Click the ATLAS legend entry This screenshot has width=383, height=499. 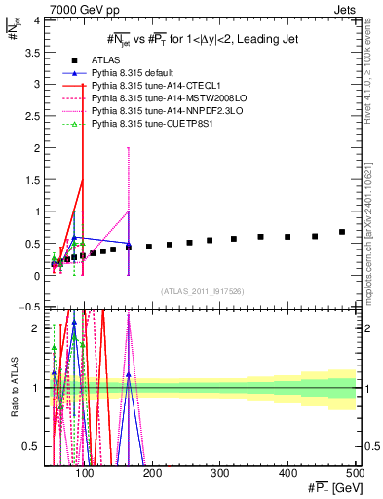106,60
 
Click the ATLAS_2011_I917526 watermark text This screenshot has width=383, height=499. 202,292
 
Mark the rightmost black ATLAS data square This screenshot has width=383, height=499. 341,232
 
